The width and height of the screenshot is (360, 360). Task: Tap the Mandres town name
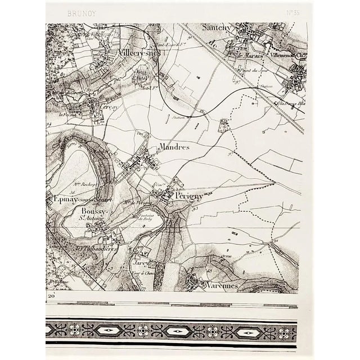click(x=174, y=146)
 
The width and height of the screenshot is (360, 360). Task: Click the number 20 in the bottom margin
click(x=51, y=296)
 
